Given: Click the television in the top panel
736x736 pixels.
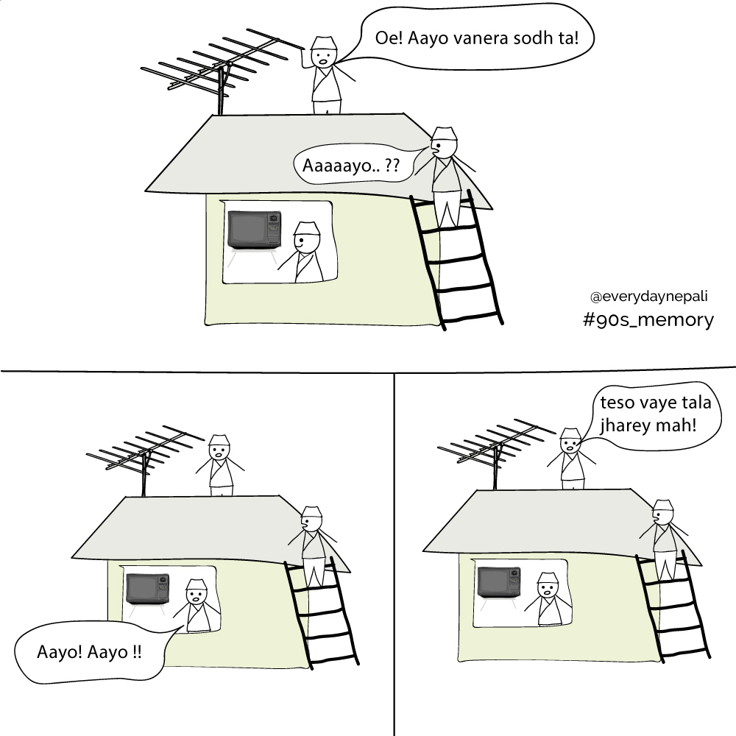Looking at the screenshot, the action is pos(255,230).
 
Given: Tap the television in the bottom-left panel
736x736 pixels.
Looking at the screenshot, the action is pos(148,589).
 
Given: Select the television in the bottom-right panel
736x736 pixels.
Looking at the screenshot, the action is pos(499,582).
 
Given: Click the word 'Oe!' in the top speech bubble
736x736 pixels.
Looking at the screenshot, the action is pos(389,38).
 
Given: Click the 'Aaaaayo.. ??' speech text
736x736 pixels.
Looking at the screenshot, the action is pos(350,165).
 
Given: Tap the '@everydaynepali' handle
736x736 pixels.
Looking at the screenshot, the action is pos(648,297).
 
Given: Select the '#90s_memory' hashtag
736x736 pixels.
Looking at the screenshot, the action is pos(648,319).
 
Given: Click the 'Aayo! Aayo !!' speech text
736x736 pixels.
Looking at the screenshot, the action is pos(89,652).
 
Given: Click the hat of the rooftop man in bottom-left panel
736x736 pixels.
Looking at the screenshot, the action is pos(219,440).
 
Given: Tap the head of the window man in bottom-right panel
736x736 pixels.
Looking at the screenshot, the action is pos(548,586).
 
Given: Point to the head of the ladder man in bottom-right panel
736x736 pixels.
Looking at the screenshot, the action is pos(663,513).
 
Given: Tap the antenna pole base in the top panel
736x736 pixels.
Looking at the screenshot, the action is pos(220,112).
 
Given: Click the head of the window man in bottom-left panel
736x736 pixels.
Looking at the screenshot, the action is pos(196,592).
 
